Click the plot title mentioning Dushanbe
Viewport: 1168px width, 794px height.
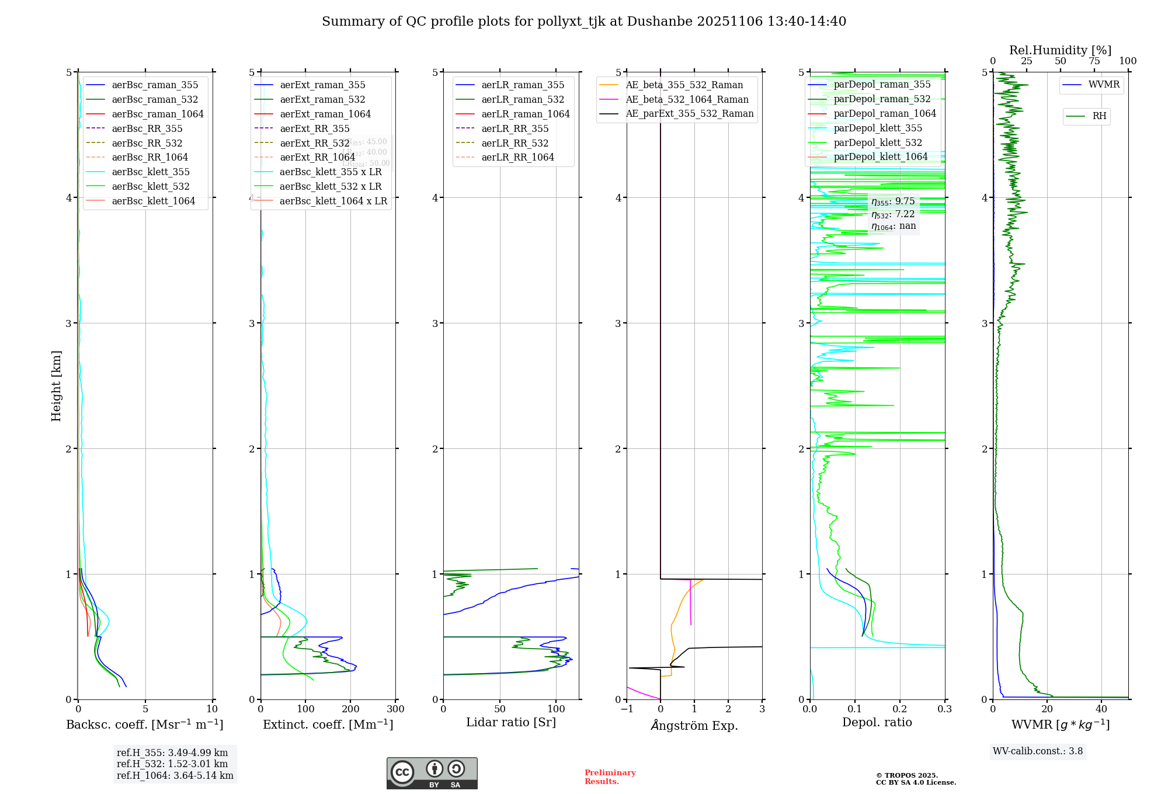(584, 22)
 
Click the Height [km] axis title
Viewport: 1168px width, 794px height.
(56, 386)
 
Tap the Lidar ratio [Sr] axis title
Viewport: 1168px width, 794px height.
(511, 722)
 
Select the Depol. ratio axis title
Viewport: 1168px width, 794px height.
(877, 722)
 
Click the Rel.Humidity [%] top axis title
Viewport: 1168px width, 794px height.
(1060, 50)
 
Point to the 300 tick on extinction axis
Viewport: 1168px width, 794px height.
(395, 709)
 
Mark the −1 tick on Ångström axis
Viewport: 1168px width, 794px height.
(627, 709)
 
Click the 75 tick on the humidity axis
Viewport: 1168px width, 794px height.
(1094, 61)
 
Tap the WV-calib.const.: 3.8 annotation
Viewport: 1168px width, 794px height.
(1038, 751)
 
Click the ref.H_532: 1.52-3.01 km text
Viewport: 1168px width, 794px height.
(172, 764)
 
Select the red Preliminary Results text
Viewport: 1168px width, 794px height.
(610, 777)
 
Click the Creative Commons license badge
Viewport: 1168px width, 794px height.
(432, 773)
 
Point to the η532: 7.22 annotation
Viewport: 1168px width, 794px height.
(893, 214)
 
